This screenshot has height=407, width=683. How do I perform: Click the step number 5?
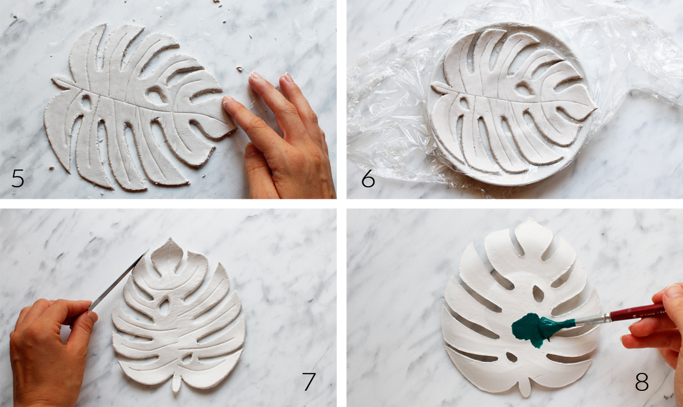pyautogui.click(x=18, y=178)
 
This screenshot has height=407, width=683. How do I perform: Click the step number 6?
pyautogui.click(x=368, y=178)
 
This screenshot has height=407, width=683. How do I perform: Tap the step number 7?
pyautogui.click(x=309, y=381)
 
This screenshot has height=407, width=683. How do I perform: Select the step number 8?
pyautogui.click(x=642, y=381)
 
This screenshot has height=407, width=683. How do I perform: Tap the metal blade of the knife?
pyautogui.click(x=117, y=281)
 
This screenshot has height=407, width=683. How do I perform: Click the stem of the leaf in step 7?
pyautogui.click(x=176, y=382)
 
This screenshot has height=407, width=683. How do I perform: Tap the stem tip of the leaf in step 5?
pyautogui.click(x=55, y=80)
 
